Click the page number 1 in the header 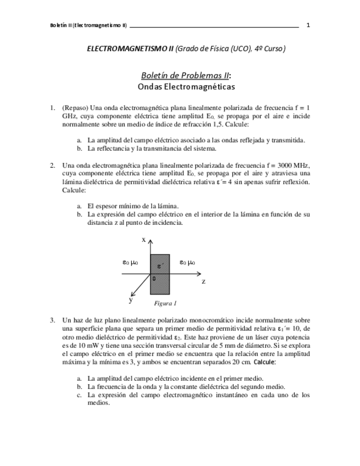(x=308, y=25)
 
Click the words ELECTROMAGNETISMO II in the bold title (x=130, y=49)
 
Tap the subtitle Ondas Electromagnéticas (x=186, y=87)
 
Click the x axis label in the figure (x=143, y=240)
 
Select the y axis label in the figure (x=131, y=299)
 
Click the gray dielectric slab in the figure (x=161, y=275)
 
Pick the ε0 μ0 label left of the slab (x=130, y=263)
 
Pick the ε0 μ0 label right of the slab (x=187, y=263)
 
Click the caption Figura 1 (x=165, y=303)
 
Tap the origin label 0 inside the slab (x=154, y=279)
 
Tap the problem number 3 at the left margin (x=52, y=320)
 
